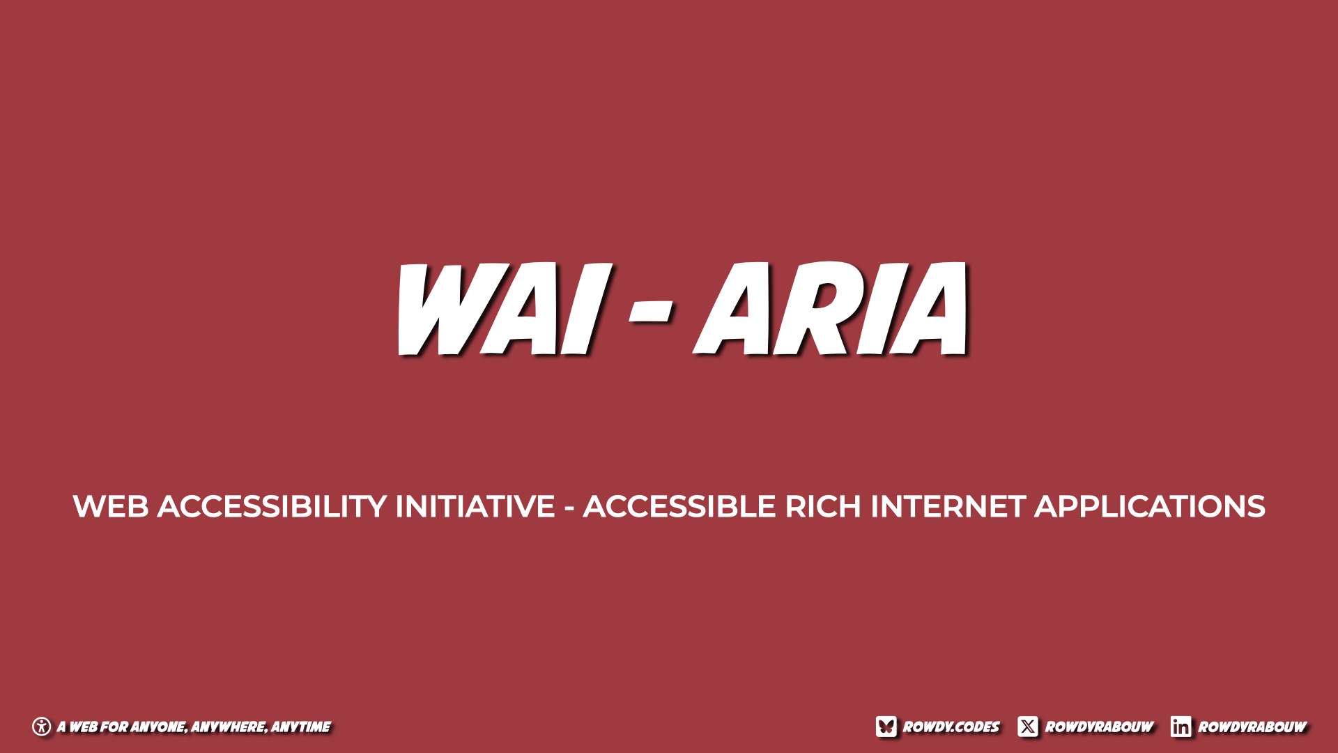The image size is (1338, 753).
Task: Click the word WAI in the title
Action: pos(503,309)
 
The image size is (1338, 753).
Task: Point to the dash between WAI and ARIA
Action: pos(651,313)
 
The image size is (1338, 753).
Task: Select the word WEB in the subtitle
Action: pos(110,507)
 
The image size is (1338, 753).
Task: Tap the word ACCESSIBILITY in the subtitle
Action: pos(272,507)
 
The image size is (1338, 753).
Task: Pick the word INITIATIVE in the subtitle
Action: pos(475,507)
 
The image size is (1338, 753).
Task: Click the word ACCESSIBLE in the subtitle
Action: pos(679,507)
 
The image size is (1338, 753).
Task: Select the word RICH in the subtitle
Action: pos(823,507)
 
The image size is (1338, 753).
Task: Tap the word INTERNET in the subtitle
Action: pos(948,507)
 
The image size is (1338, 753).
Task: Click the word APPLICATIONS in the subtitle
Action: pos(1150,507)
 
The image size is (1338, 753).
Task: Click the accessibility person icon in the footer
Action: pos(42,727)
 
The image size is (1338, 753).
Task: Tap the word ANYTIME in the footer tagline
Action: pos(301,727)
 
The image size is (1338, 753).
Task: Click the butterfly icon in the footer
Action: pos(886,727)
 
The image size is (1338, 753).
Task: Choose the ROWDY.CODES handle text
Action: pos(951,727)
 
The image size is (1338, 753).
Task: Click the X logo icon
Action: pos(1028,727)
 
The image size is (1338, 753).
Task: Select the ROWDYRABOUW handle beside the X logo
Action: pos(1099,727)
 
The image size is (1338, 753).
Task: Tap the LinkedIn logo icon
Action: pos(1181,727)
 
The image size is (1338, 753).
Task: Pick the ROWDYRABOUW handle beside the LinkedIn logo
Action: pos(1252,727)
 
